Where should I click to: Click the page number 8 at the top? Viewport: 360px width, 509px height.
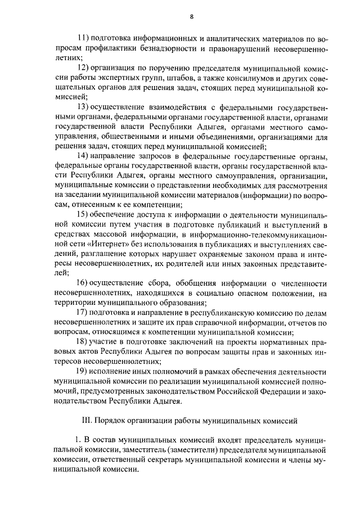tap(191, 17)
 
